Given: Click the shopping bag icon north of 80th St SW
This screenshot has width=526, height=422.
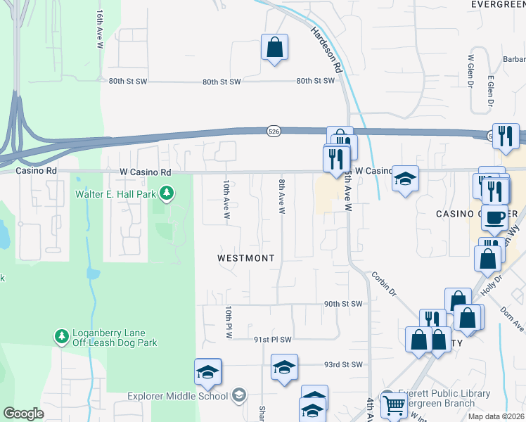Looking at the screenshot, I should (274, 48).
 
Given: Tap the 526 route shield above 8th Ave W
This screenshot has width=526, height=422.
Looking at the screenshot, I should (274, 132).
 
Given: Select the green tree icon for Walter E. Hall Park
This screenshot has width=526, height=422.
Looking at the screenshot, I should (167, 192).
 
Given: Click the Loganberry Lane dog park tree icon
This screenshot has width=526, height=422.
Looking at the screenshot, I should (62, 337).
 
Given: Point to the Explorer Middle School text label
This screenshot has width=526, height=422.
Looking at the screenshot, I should (177, 396).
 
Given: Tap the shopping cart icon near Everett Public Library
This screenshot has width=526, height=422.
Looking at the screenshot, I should (394, 405).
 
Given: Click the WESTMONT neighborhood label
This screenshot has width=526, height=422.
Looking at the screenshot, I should (245, 258).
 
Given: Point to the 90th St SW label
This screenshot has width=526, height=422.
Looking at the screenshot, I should (343, 304).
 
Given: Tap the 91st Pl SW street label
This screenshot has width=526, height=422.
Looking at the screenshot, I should (272, 340).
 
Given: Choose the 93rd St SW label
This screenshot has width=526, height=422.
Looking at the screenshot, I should (343, 364).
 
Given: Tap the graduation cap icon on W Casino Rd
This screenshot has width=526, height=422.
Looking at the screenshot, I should (406, 179).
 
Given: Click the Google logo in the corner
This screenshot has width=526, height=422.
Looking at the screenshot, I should (23, 414).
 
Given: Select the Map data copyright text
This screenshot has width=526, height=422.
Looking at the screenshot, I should (496, 416).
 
